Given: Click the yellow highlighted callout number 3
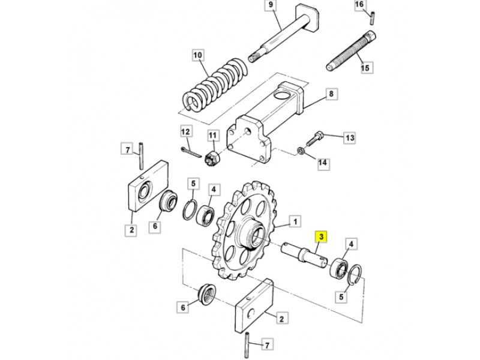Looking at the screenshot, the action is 321,236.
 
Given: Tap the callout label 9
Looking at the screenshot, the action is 271,5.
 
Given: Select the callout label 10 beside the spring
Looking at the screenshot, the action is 198,55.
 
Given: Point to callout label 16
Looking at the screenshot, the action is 359,5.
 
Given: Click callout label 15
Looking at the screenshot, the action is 365,67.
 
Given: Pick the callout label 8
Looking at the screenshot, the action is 331,94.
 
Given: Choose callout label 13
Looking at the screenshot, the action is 350,138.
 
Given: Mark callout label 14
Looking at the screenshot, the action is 323,162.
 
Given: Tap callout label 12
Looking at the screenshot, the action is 185,132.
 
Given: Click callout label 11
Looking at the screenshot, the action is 213,136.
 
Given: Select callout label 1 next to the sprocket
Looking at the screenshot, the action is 295,221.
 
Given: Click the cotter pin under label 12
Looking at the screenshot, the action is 190,152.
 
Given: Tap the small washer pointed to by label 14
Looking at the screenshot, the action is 301,151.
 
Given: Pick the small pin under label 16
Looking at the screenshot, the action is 373,18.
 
